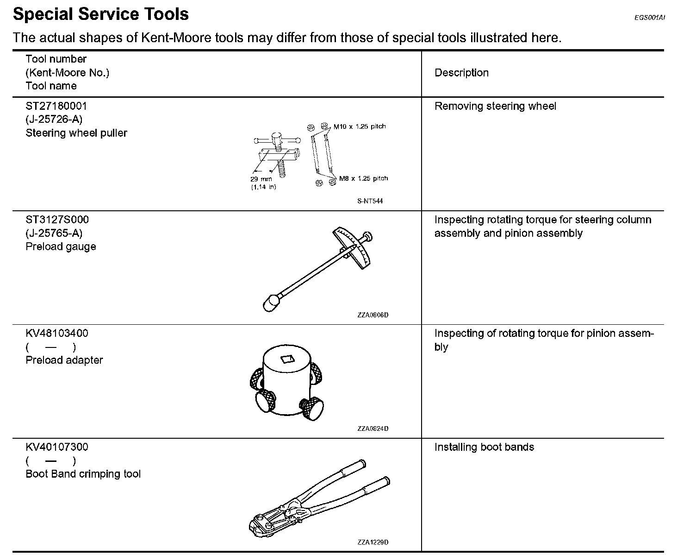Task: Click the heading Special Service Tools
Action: coord(101,14)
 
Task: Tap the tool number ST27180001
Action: coord(56,106)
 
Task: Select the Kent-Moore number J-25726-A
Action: coord(54,120)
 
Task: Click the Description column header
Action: coord(461,73)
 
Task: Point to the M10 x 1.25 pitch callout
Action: coord(359,126)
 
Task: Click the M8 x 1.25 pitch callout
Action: coord(363,178)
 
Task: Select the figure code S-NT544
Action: coord(370,201)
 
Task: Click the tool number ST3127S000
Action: coord(57,220)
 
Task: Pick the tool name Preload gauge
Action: coord(61,246)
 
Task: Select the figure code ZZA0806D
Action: coord(373,315)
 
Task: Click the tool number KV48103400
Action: coord(57,333)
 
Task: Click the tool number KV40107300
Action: coord(57,447)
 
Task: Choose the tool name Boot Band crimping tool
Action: coord(83,474)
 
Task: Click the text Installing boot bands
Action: coord(484,447)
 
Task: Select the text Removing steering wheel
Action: coord(495,106)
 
